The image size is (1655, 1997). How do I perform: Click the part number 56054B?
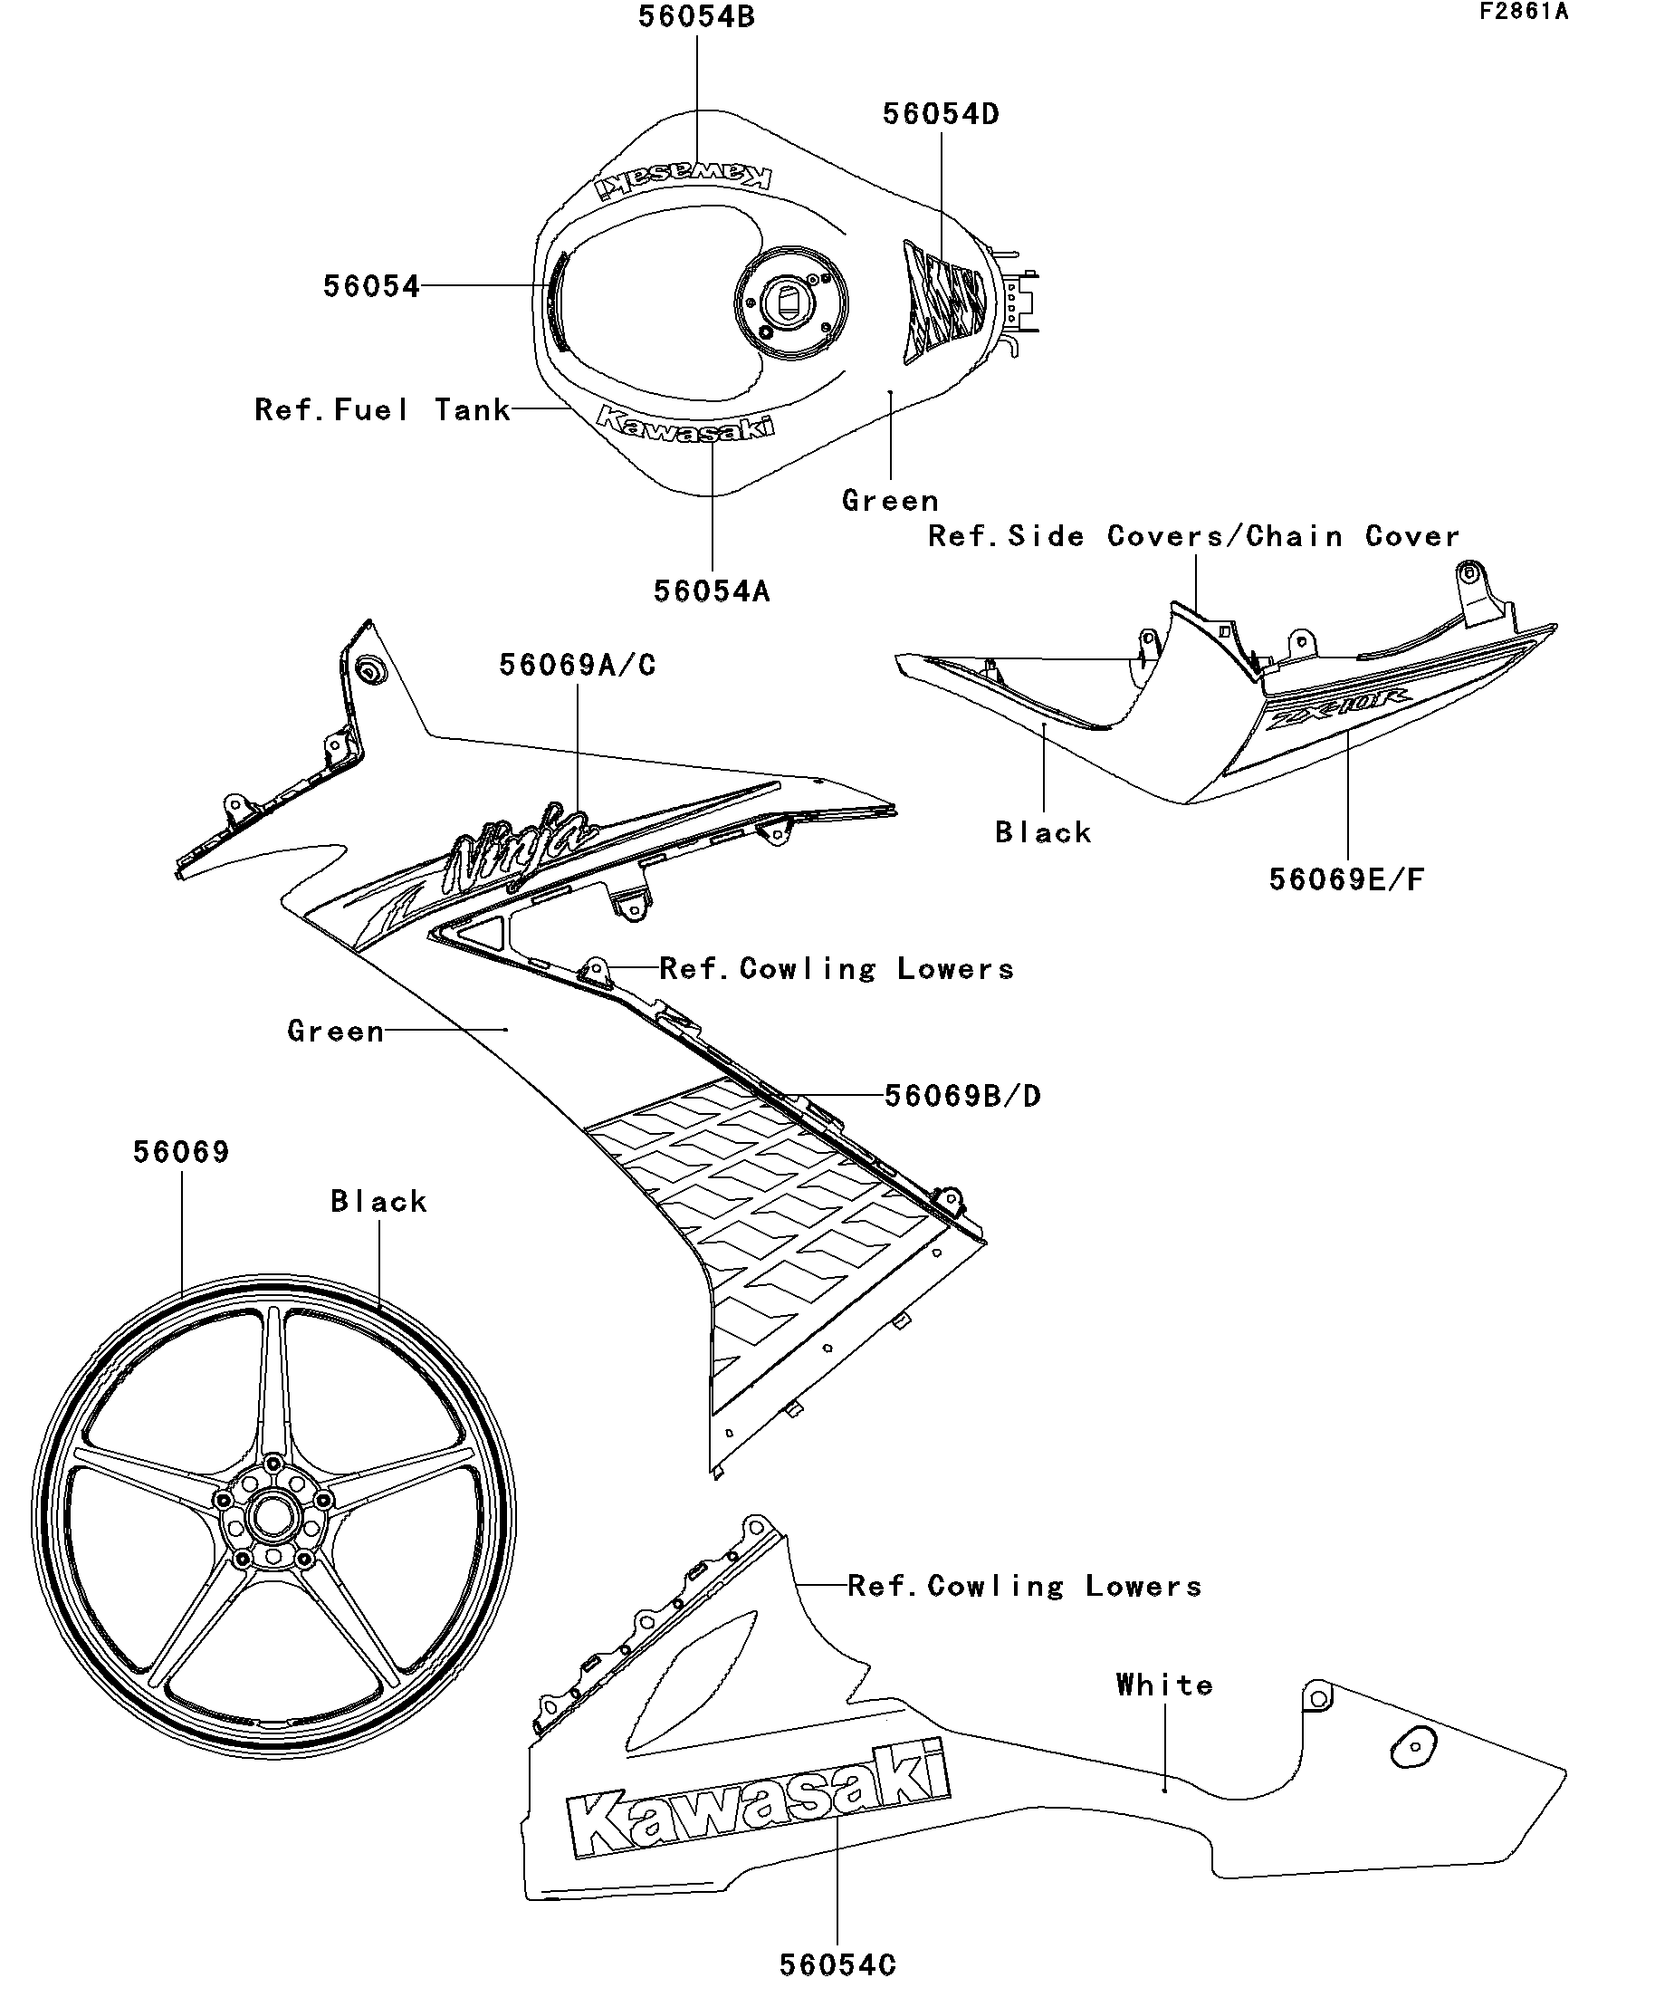(x=696, y=17)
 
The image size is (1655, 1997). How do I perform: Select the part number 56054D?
(x=940, y=114)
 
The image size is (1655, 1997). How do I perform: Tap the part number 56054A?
(x=711, y=591)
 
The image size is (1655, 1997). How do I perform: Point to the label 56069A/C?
(x=577, y=665)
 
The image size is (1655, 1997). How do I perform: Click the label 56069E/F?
(x=1347, y=879)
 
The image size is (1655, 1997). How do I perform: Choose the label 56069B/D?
(x=962, y=1096)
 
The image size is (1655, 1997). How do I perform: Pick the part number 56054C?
(x=837, y=1964)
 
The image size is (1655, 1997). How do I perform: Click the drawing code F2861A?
(x=1523, y=12)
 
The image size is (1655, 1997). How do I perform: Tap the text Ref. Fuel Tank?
(x=382, y=410)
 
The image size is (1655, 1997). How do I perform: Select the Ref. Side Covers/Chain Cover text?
(x=1193, y=536)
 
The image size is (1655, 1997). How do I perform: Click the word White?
(x=1164, y=1685)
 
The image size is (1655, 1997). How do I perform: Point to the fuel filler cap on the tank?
(x=791, y=302)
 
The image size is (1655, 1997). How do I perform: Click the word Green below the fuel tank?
(x=890, y=501)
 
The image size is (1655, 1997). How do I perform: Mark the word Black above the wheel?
(x=378, y=1202)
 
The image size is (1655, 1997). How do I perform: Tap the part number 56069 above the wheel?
(x=180, y=1153)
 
